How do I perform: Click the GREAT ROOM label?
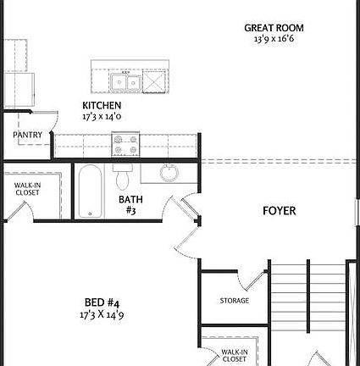[274, 28]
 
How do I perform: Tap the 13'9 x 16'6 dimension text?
[274, 39]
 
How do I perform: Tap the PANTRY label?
[27, 135]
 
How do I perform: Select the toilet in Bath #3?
[122, 179]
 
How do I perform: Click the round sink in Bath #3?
[169, 173]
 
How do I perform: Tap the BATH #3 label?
[130, 205]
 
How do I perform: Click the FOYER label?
[279, 211]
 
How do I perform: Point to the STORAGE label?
[235, 301]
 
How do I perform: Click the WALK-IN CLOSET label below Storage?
[235, 355]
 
